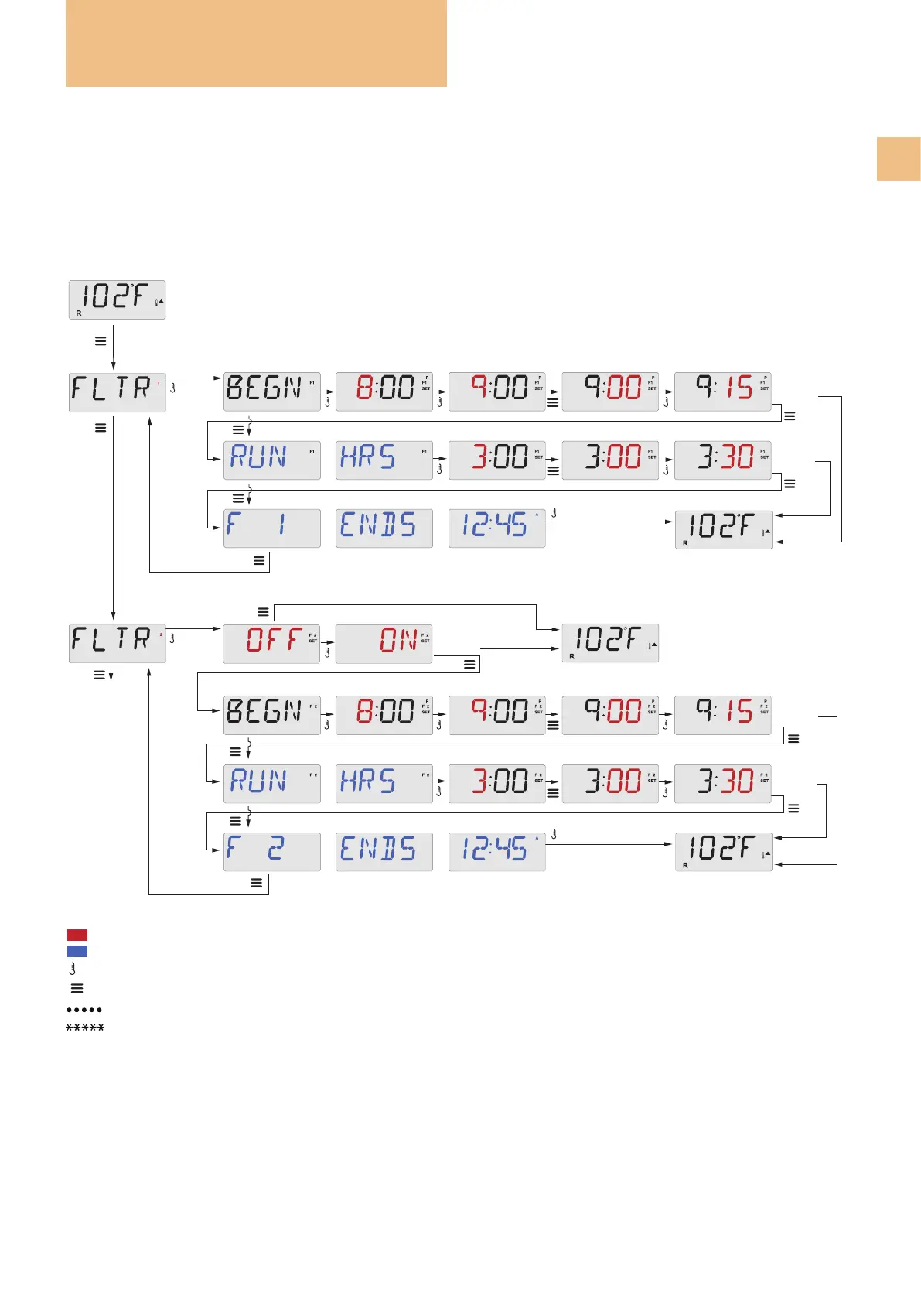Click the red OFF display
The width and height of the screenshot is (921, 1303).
point(271,644)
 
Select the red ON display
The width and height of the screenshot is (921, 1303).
point(384,644)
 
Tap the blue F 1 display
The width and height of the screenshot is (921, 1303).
point(271,528)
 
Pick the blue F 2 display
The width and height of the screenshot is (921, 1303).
point(271,851)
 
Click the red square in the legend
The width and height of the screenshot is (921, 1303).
point(77,935)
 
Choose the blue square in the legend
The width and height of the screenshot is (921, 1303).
point(77,951)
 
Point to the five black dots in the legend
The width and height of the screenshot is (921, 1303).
point(84,1010)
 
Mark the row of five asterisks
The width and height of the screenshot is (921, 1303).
point(85,1028)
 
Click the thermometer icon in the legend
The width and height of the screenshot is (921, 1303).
point(73,969)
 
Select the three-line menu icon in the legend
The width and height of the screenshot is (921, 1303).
point(77,988)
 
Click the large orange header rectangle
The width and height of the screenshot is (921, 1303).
point(256,43)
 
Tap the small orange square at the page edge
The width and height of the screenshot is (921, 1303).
point(899,159)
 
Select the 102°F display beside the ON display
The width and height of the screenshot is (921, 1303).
point(610,642)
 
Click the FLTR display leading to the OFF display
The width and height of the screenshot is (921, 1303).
point(117,642)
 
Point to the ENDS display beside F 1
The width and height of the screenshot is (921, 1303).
point(384,528)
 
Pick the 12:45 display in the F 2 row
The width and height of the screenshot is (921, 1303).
point(496,851)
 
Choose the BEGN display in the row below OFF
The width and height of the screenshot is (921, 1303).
point(271,714)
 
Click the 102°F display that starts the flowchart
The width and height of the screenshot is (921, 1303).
point(117,299)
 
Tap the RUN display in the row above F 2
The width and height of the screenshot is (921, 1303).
point(271,783)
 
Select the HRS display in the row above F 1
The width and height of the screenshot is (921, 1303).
point(384,460)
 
